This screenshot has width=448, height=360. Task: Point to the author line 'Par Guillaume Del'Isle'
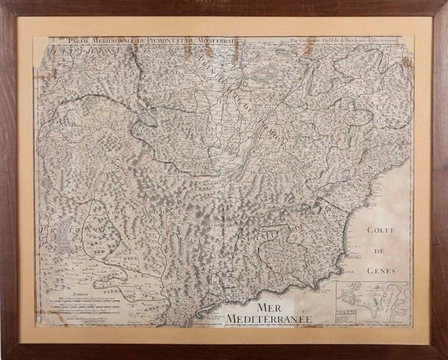click(x=348, y=40)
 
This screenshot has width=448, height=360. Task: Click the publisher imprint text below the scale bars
click(x=93, y=320)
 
